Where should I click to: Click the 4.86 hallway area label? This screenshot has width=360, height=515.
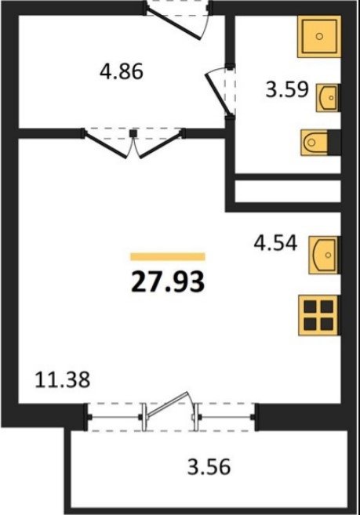pyautogui.click(x=122, y=71)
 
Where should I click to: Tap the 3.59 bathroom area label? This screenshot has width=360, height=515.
pyautogui.click(x=287, y=89)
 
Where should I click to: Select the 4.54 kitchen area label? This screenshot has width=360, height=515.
pyautogui.click(x=275, y=243)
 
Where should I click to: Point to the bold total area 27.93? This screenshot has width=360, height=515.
pyautogui.click(x=168, y=282)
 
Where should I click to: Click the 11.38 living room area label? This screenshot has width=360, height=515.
pyautogui.click(x=62, y=380)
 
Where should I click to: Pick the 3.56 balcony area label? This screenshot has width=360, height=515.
pyautogui.click(x=209, y=466)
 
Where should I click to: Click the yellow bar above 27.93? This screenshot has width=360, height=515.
pyautogui.click(x=168, y=256)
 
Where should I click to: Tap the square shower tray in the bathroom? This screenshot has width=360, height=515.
pyautogui.click(x=319, y=37)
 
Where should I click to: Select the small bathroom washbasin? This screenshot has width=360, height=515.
pyautogui.click(x=328, y=98)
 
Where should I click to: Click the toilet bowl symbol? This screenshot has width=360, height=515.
pyautogui.click(x=315, y=142)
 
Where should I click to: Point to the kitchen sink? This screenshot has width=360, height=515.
pyautogui.click(x=323, y=255)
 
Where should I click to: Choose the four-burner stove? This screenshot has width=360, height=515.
pyautogui.click(x=318, y=316)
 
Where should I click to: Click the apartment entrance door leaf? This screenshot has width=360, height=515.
pyautogui.click(x=173, y=24)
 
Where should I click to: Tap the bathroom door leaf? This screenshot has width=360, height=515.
pyautogui.click(x=217, y=96)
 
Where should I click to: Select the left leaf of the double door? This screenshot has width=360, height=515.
pyautogui.click(x=106, y=144)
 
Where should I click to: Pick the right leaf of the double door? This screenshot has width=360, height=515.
pyautogui.click(x=160, y=144)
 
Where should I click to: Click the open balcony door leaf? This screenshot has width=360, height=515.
pyautogui.click(x=168, y=404)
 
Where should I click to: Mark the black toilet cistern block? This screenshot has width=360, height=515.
pyautogui.click(x=335, y=142)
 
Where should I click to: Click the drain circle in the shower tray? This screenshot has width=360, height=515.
pyautogui.click(x=319, y=36)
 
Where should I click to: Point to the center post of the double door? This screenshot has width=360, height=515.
pyautogui.click(x=133, y=133)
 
